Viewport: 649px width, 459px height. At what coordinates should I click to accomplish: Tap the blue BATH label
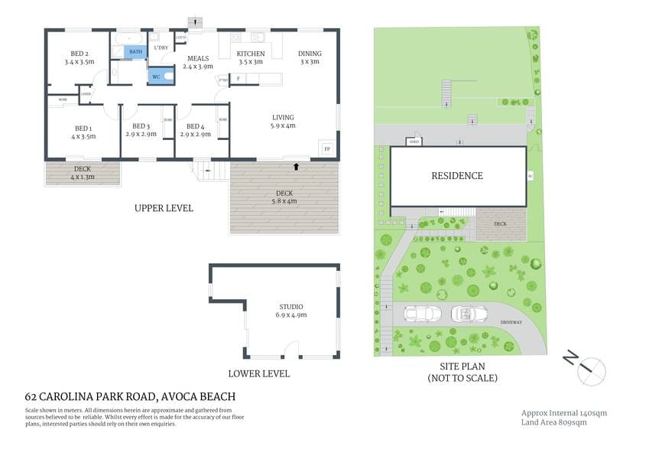click(x=135, y=52)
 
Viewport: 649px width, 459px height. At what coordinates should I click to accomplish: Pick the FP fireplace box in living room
click(x=327, y=148)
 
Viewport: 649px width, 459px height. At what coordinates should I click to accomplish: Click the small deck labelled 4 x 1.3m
click(x=83, y=173)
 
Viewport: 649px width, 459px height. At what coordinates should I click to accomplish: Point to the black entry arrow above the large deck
click(x=296, y=165)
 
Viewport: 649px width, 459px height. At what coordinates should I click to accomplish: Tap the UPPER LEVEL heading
click(x=164, y=208)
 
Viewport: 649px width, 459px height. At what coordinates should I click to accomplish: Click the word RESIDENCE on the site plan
click(x=457, y=176)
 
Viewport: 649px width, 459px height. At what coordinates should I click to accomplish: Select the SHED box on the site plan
click(x=414, y=142)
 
